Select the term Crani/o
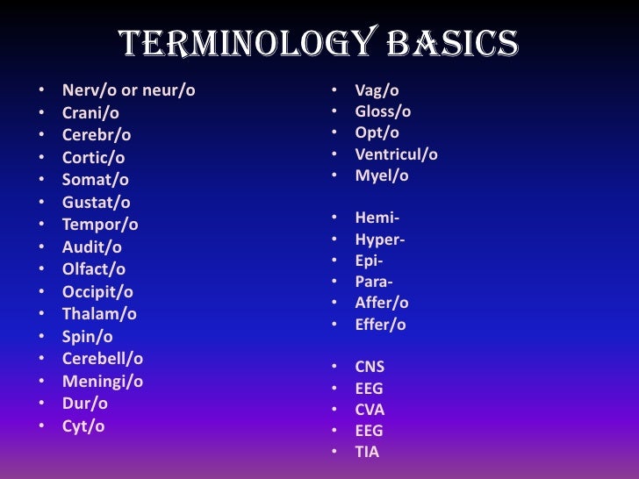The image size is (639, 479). [90, 113]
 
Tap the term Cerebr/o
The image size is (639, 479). [97, 135]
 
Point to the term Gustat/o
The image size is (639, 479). [96, 203]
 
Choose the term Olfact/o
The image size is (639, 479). [94, 269]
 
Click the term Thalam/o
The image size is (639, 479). [99, 314]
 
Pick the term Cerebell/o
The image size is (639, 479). [103, 359]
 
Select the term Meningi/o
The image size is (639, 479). [103, 382]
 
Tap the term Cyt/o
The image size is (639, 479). [83, 426]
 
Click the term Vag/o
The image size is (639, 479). [377, 90]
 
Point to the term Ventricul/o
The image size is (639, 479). [396, 154]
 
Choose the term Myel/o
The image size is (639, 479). [382, 175]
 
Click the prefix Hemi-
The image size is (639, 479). [377, 218]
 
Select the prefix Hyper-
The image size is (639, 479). [380, 239]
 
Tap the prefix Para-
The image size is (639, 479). [374, 282]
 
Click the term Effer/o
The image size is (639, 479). [380, 325]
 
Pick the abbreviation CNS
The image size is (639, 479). [370, 367]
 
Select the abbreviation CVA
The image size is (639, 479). [370, 410]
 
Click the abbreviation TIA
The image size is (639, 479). [367, 453]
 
